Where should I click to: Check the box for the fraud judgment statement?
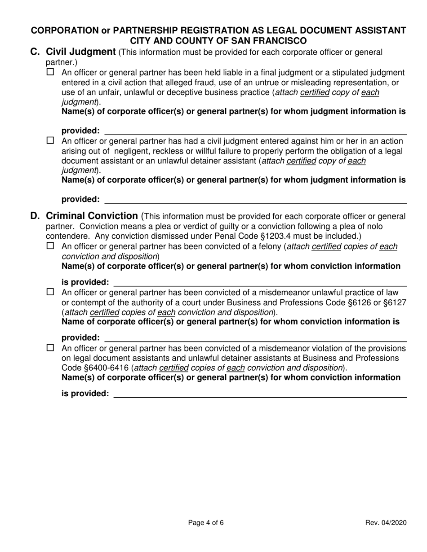pos(50,72)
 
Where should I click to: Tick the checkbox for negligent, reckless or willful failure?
pos(50,140)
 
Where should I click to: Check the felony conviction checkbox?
pos(50,245)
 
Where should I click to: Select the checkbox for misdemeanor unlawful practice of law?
pos(50,292)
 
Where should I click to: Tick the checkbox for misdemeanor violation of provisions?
pos(50,348)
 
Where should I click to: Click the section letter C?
pos(35,52)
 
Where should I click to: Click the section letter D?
pos(35,216)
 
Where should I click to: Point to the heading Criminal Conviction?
pos(92,216)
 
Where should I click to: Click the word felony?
pos(269,246)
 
